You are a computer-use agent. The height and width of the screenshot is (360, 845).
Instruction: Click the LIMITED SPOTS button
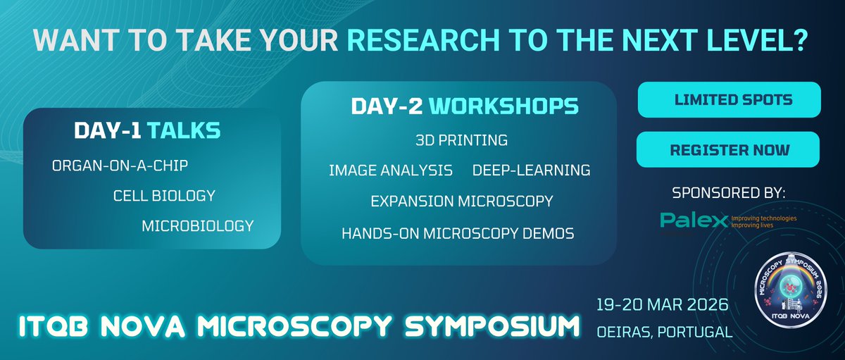(729, 100)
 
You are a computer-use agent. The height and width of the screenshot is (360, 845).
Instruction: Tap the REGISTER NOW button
(729, 149)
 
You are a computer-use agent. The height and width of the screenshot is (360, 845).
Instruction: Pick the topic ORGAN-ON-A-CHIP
(120, 166)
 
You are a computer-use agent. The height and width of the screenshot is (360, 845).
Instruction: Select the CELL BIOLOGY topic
(164, 195)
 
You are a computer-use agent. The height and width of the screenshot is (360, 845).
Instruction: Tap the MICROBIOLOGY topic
(197, 225)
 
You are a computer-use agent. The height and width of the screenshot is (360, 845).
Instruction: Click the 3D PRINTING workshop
(461, 140)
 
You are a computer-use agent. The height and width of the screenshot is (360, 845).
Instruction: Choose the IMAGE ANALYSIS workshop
(390, 170)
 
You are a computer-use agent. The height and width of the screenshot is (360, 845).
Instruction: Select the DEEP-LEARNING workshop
(531, 170)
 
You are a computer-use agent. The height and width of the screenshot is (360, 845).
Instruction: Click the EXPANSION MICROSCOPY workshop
(461, 201)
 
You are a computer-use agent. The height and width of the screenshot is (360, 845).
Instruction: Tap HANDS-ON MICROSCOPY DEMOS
(458, 232)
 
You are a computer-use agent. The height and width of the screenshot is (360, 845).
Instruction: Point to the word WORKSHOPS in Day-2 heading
(503, 106)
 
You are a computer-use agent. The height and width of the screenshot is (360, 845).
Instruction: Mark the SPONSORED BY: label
(728, 192)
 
